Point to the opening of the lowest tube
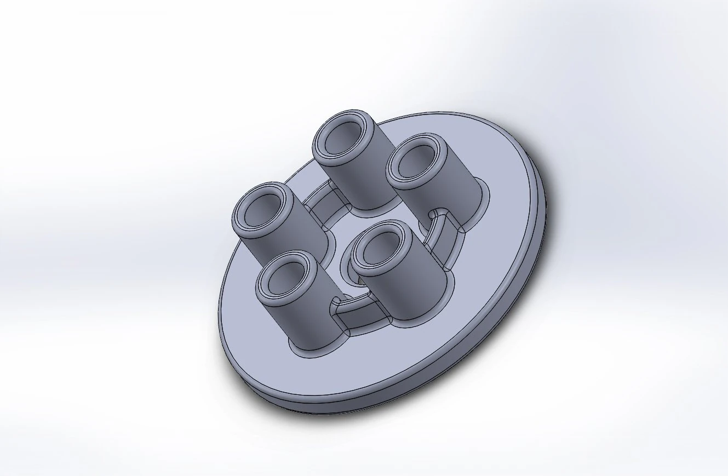pyautogui.click(x=284, y=280)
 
